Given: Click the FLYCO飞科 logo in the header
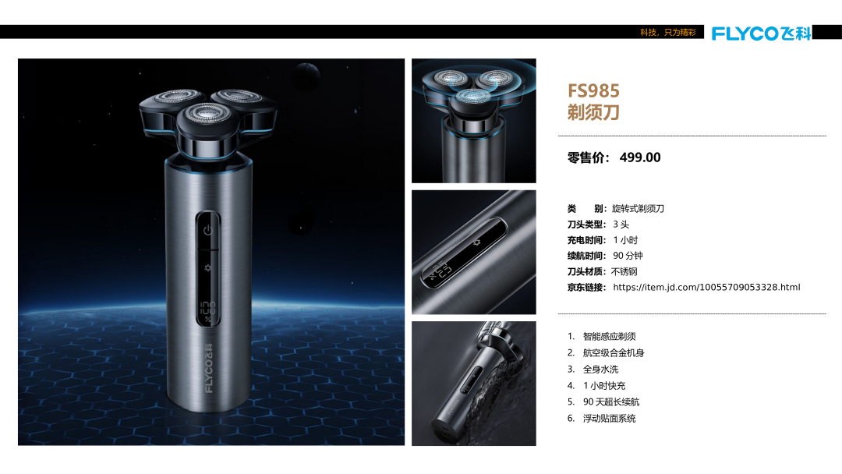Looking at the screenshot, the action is (x=761, y=34).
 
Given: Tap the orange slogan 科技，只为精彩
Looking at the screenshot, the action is (x=668, y=32).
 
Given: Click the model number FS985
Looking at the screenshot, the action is (x=593, y=90).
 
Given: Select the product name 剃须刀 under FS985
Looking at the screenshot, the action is (x=593, y=112).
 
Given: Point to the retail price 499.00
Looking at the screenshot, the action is (x=640, y=157).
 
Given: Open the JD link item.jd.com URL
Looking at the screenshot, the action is (x=706, y=287).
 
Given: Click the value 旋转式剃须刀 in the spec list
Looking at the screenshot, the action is (x=638, y=208).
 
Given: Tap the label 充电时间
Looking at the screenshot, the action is (x=586, y=240).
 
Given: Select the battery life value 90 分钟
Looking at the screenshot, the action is (x=628, y=256).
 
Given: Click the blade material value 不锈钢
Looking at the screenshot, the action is (x=624, y=271).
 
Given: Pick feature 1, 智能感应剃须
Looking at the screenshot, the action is (x=610, y=337).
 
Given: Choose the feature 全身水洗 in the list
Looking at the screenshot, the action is (x=601, y=370).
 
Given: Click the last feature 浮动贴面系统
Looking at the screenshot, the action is (x=610, y=418).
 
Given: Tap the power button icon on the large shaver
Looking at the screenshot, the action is (x=208, y=230).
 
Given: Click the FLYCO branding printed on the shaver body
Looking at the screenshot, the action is (x=209, y=368).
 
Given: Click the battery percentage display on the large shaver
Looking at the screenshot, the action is (x=208, y=311).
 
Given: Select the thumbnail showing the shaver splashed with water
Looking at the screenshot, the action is (x=474, y=384).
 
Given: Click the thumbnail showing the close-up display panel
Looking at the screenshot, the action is (x=474, y=253).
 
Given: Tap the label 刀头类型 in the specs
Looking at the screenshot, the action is (x=586, y=225).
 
